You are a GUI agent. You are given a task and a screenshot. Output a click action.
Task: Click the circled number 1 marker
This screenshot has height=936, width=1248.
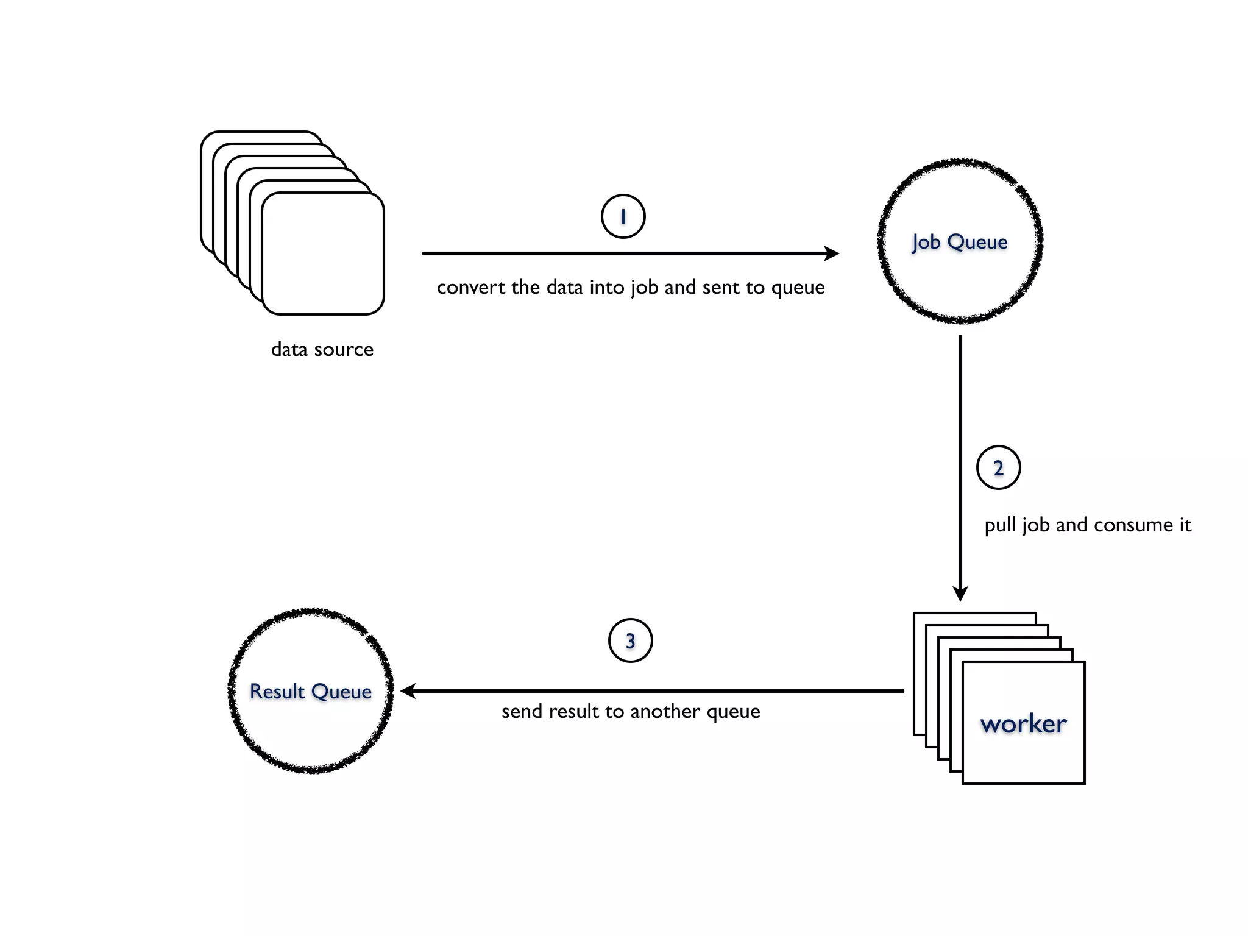point(623,216)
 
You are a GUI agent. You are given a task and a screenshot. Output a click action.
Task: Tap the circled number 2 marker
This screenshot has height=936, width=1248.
point(998,468)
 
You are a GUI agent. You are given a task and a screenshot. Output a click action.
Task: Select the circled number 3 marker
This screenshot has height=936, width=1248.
point(630,640)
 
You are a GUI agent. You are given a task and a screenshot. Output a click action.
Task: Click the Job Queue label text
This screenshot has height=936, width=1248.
point(960,242)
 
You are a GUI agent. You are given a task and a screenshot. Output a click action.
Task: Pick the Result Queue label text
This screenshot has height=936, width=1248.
point(311,692)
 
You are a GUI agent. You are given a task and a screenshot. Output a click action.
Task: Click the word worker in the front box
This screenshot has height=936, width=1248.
point(1023,724)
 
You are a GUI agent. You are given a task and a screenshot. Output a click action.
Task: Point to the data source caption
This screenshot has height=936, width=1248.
point(322,349)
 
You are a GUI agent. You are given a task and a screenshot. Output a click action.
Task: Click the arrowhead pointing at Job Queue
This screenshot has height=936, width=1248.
point(832,253)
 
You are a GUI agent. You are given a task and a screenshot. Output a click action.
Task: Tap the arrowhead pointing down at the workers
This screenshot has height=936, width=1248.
point(960,593)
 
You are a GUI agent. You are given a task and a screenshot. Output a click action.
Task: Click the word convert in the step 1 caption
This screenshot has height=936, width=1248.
point(471,287)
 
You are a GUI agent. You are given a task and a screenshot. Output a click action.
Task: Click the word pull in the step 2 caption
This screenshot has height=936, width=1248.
point(1000,525)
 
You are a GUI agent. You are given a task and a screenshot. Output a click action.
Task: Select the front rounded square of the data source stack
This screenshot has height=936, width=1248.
point(323,253)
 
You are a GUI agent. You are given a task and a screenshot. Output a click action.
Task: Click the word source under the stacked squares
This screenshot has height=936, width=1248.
point(344,349)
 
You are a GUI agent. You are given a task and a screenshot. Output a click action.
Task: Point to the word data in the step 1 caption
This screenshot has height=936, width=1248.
point(564,287)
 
